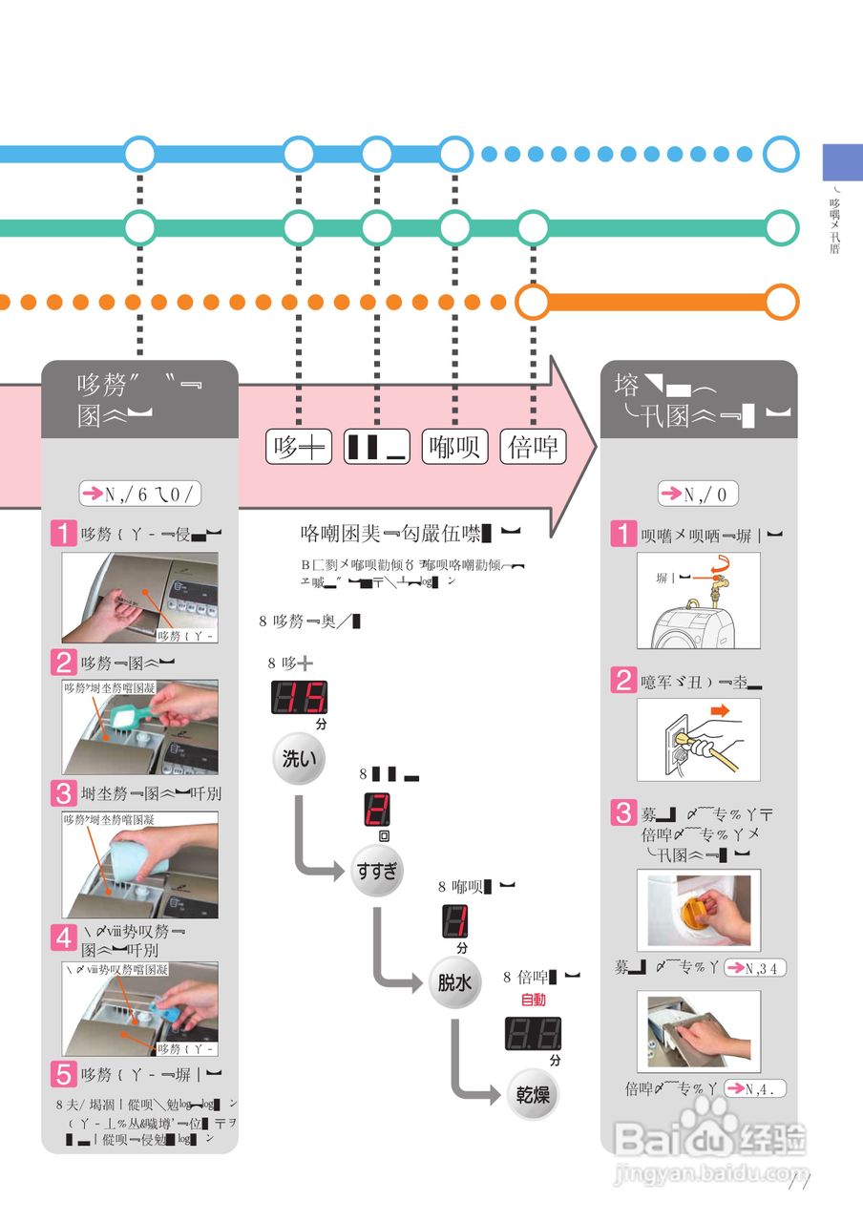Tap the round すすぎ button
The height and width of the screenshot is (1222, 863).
pyautogui.click(x=378, y=870)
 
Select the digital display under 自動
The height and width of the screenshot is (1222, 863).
pyautogui.click(x=532, y=1034)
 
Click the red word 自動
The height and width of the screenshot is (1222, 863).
pyautogui.click(x=533, y=1001)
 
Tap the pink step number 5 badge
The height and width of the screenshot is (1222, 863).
pyautogui.click(x=64, y=1075)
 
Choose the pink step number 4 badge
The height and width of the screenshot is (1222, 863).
pyautogui.click(x=64, y=938)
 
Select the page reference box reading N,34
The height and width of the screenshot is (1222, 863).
pyautogui.click(x=755, y=968)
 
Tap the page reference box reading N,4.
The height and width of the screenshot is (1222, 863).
pyautogui.click(x=755, y=1088)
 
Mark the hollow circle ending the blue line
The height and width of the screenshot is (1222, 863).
pyautogui.click(x=782, y=154)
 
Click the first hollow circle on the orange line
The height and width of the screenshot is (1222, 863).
pyautogui.click(x=533, y=302)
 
